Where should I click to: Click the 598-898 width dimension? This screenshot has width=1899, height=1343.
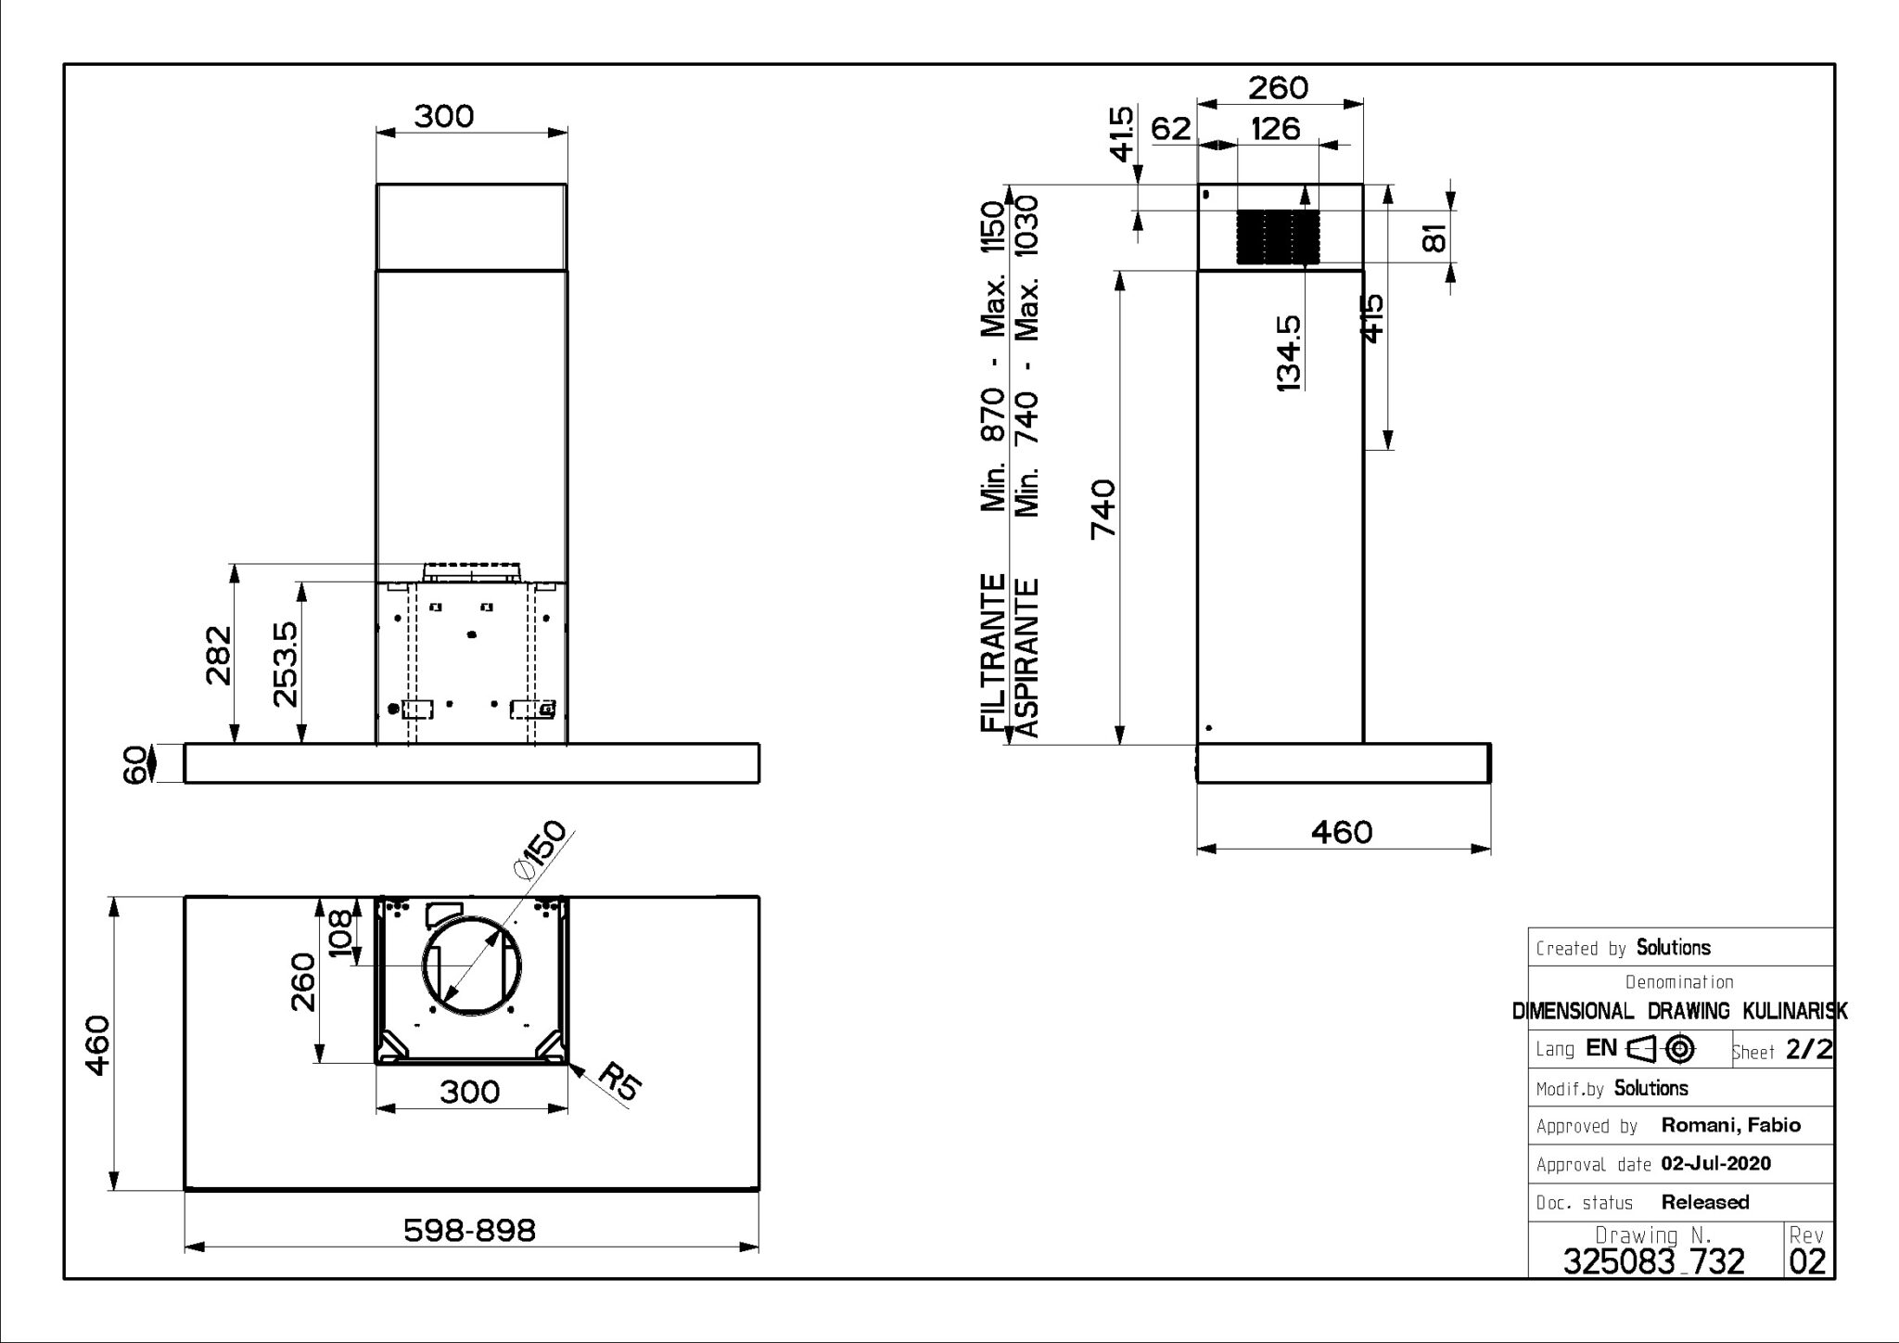[x=469, y=1231]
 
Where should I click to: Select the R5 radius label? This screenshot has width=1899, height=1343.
[x=618, y=1081]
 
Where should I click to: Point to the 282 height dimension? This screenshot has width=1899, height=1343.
[x=219, y=655]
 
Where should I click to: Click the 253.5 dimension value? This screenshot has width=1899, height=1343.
[x=287, y=664]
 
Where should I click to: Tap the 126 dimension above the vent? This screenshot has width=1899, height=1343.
[x=1275, y=128]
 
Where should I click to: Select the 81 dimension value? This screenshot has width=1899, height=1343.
[x=1434, y=238]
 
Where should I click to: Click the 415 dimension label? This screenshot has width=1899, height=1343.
[x=1373, y=318]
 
